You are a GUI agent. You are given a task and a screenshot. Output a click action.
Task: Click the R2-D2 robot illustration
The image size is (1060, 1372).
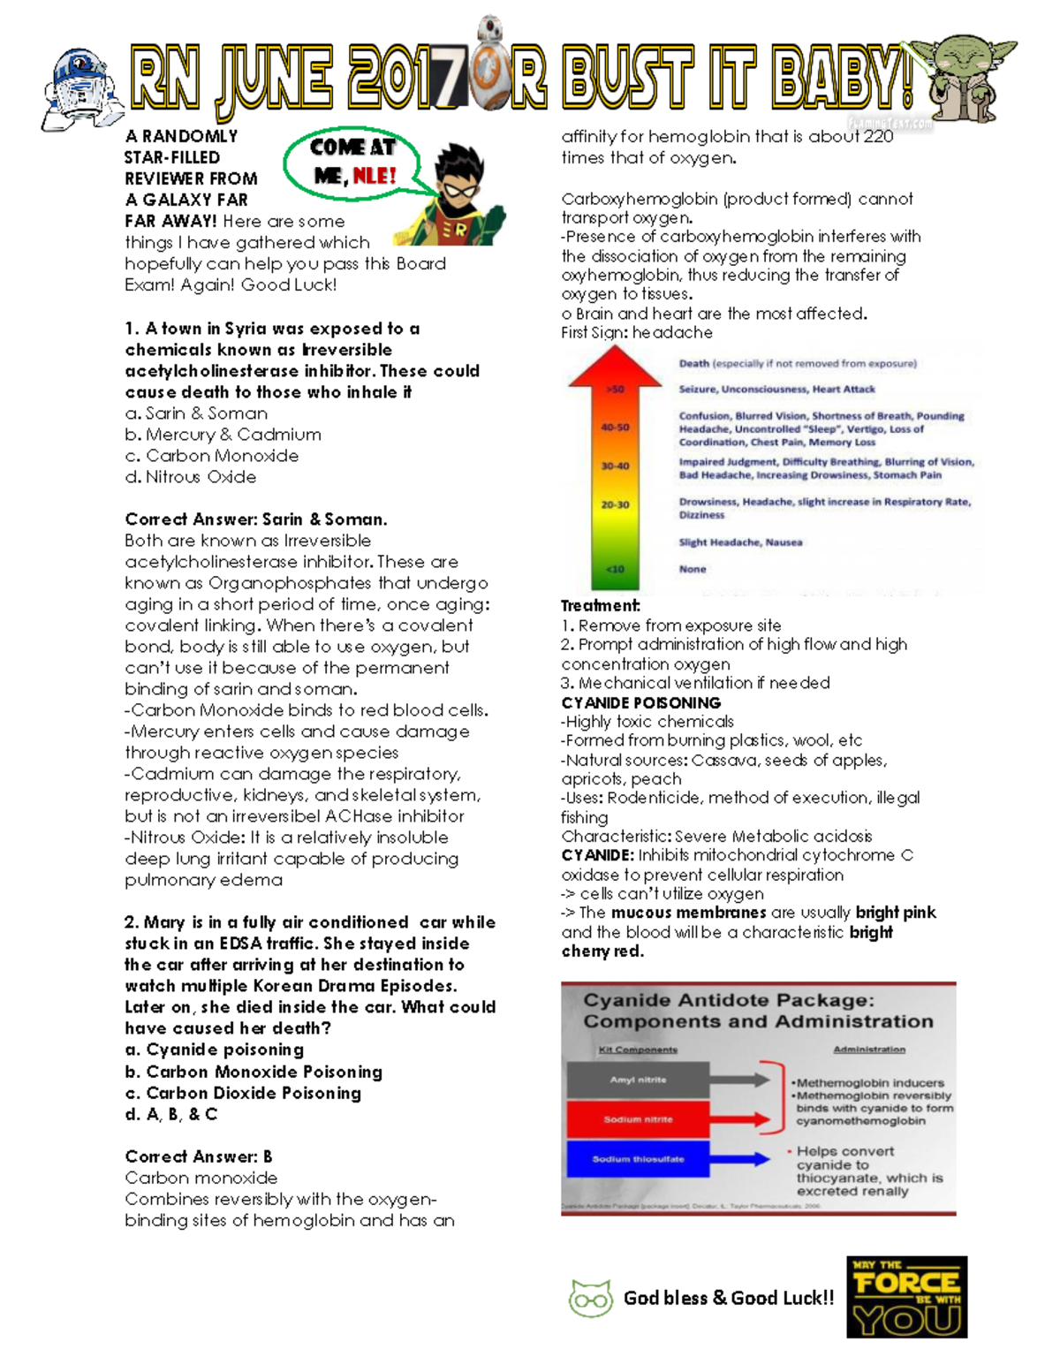(81, 88)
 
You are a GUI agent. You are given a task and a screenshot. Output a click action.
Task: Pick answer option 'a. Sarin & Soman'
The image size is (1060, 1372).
(196, 413)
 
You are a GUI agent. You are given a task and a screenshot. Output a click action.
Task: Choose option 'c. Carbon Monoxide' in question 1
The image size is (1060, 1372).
(212, 456)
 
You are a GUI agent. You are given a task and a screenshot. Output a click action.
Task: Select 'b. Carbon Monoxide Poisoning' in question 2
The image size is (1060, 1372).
(254, 1072)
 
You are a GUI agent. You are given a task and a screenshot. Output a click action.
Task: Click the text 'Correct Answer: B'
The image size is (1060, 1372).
(199, 1156)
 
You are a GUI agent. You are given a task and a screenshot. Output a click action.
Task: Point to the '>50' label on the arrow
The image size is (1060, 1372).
(615, 389)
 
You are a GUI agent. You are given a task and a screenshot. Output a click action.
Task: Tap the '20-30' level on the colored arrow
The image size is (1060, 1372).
(615, 505)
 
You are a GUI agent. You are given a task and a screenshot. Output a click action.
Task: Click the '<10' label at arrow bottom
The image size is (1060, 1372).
(615, 569)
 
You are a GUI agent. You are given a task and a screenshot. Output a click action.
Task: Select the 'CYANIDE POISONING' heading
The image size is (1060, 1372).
(641, 703)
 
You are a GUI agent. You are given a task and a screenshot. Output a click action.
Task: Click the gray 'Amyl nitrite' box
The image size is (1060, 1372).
(638, 1080)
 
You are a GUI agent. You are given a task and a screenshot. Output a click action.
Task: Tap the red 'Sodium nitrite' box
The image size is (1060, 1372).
(638, 1119)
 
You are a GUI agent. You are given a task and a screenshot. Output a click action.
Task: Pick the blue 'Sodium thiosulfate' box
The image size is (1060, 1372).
(638, 1159)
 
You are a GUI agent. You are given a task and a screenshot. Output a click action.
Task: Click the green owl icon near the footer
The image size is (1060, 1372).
(590, 1299)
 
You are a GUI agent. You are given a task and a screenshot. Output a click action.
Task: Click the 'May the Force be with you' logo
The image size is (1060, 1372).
(906, 1296)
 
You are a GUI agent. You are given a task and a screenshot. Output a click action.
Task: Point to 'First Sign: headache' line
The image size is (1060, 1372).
(637, 333)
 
